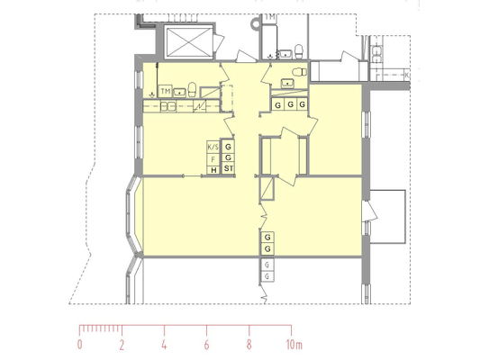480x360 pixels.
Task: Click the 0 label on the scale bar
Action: tap(79, 345)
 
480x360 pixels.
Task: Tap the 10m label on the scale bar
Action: tap(294, 345)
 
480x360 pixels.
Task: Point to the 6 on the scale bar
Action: tap(206, 345)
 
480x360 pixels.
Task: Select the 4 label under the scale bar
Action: tap(165, 345)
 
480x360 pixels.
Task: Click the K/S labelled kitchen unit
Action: tap(213, 147)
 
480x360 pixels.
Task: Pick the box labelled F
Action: tap(213, 159)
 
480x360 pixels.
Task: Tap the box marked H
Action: tap(213, 170)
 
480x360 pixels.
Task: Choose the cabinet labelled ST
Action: tap(229, 168)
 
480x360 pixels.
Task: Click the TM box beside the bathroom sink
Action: tap(166, 91)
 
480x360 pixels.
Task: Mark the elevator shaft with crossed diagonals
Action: tap(188, 42)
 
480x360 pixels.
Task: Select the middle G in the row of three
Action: tap(291, 104)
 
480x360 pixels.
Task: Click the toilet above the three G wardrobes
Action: tap(300, 73)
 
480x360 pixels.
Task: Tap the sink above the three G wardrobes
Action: tap(287, 83)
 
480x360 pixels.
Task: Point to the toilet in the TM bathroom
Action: tap(192, 90)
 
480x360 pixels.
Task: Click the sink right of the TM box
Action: tap(180, 92)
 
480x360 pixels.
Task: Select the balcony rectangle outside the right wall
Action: tap(388, 217)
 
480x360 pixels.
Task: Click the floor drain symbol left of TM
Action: tap(152, 94)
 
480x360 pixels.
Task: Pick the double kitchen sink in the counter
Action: tap(168, 106)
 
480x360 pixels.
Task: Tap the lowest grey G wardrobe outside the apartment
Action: tap(267, 276)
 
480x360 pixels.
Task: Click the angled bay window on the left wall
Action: tap(131, 215)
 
